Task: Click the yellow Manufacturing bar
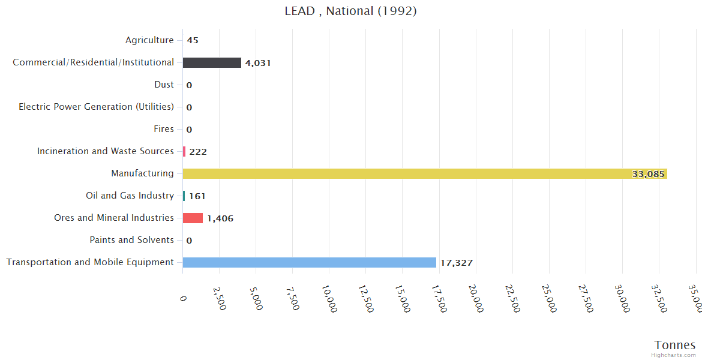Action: tap(420, 173)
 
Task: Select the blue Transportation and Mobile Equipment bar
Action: tap(309, 262)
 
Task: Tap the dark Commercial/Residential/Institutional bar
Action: tap(212, 62)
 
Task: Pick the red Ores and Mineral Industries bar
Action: tap(193, 218)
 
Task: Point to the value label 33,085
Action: tap(648, 174)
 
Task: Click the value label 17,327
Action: tap(456, 263)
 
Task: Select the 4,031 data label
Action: tap(258, 63)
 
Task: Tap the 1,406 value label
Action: tap(220, 218)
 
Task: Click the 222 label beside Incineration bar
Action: tap(197, 152)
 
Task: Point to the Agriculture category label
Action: tap(149, 40)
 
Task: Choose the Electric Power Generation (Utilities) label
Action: tap(96, 107)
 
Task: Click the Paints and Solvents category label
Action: tap(131, 240)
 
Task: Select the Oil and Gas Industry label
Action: tap(130, 196)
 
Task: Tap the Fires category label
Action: tap(164, 129)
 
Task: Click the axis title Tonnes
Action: tap(675, 344)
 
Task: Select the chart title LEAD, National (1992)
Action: tap(350, 11)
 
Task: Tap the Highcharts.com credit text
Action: tap(673, 355)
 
